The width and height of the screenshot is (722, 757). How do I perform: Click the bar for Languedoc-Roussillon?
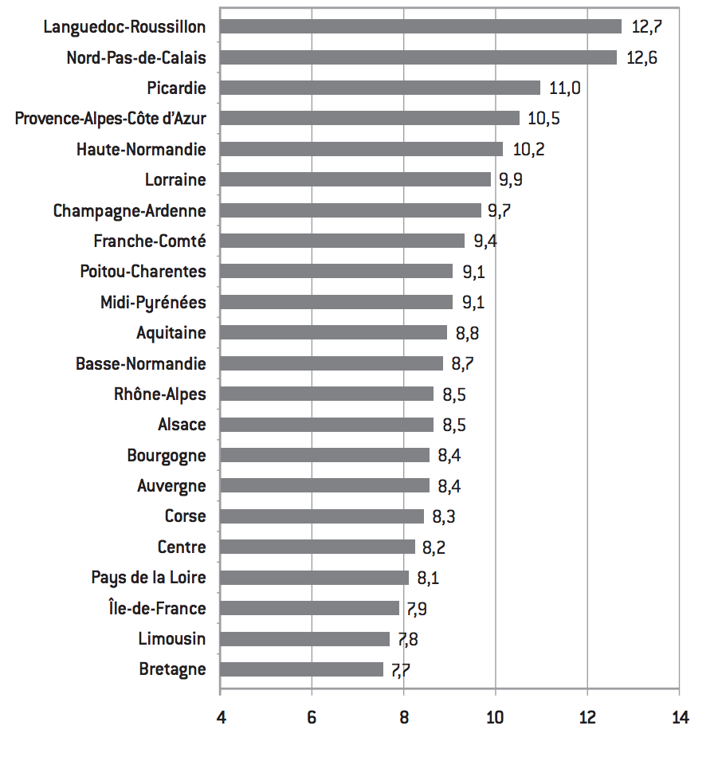(420, 26)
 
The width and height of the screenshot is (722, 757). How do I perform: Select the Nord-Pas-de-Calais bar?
(418, 57)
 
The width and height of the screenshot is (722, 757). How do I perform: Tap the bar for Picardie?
(380, 88)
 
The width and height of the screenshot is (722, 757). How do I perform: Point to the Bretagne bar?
(301, 669)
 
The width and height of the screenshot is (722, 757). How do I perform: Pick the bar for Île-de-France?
(309, 608)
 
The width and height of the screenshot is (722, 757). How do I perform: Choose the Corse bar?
(322, 516)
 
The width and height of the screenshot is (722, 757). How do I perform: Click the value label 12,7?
(646, 26)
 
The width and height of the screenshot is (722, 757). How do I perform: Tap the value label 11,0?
(564, 88)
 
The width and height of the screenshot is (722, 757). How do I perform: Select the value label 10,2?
(528, 149)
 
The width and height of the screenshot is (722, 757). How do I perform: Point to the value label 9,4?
(485, 241)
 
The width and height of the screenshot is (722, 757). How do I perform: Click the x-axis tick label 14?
(679, 718)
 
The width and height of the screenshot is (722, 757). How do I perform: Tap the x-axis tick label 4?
(220, 718)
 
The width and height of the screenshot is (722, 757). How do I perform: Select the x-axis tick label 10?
(495, 718)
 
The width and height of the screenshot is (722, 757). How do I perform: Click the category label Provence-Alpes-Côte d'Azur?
(111, 119)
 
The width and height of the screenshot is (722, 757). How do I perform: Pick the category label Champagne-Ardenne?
(130, 211)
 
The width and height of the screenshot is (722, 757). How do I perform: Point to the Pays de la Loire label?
(148, 578)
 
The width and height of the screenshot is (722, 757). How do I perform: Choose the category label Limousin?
(171, 639)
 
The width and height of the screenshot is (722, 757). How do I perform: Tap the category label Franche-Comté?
(150, 241)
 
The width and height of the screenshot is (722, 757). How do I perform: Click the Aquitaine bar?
(333, 333)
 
